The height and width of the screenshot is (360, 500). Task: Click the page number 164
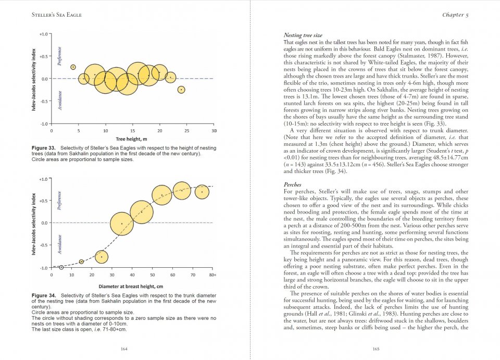click(x=123, y=349)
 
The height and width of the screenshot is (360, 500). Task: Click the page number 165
click(x=376, y=349)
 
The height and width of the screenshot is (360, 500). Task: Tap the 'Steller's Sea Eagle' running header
click(x=57, y=15)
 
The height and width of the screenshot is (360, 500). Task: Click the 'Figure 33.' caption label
click(x=45, y=148)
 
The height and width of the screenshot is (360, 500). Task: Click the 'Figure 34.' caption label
click(x=45, y=295)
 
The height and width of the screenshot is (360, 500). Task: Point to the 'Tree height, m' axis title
click(x=131, y=139)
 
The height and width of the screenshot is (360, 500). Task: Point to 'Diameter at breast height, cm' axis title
click(x=131, y=286)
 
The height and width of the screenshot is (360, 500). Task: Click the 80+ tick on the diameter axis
click(x=213, y=274)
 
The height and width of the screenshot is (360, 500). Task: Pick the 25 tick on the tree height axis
click(x=187, y=130)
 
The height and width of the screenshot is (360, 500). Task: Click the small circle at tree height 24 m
click(x=181, y=90)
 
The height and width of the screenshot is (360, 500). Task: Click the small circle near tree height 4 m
click(x=73, y=67)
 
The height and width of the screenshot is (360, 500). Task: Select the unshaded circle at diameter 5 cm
click(x=61, y=267)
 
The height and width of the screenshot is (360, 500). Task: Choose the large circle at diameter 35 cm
click(x=122, y=224)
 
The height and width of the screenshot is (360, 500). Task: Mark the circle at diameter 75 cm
click(x=202, y=192)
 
